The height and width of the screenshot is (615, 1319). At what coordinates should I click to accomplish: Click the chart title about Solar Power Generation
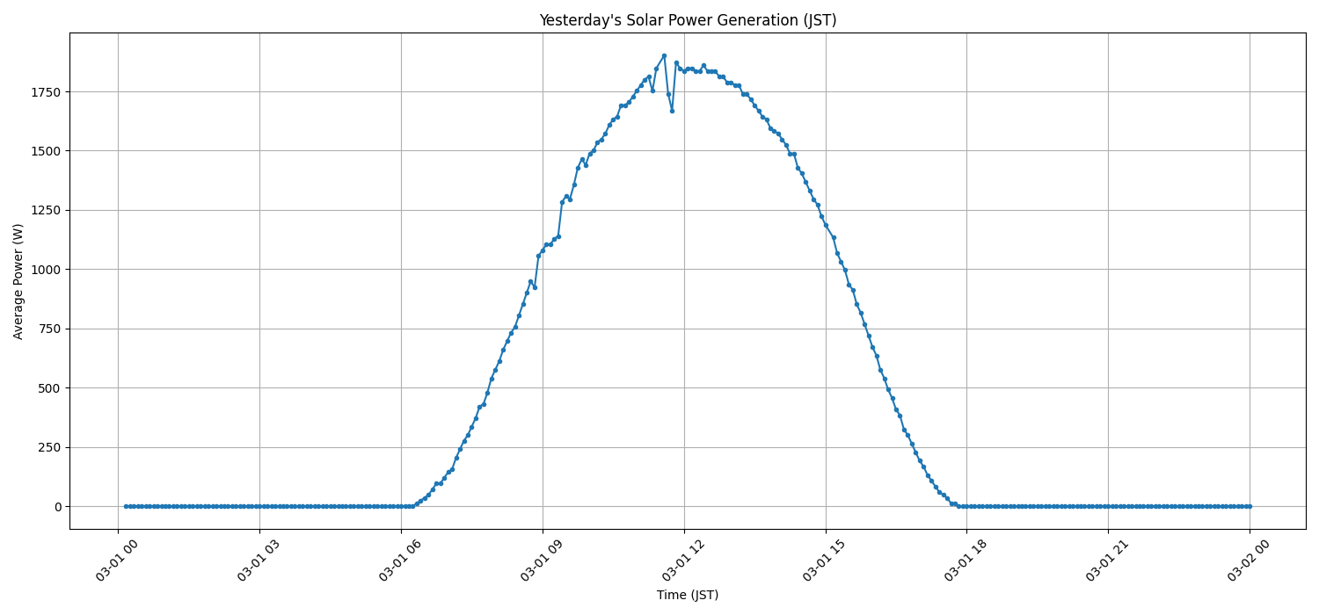(688, 20)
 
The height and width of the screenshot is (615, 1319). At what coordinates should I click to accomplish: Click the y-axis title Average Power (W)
(18, 281)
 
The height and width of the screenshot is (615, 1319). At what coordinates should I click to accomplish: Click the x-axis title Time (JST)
(688, 595)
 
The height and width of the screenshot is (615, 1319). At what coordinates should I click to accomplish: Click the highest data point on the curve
(664, 55)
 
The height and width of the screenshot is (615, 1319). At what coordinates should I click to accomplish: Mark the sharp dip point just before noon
(672, 111)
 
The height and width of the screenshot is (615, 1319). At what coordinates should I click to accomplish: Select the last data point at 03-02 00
(1250, 506)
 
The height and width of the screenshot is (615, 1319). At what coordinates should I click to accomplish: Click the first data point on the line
(126, 506)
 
